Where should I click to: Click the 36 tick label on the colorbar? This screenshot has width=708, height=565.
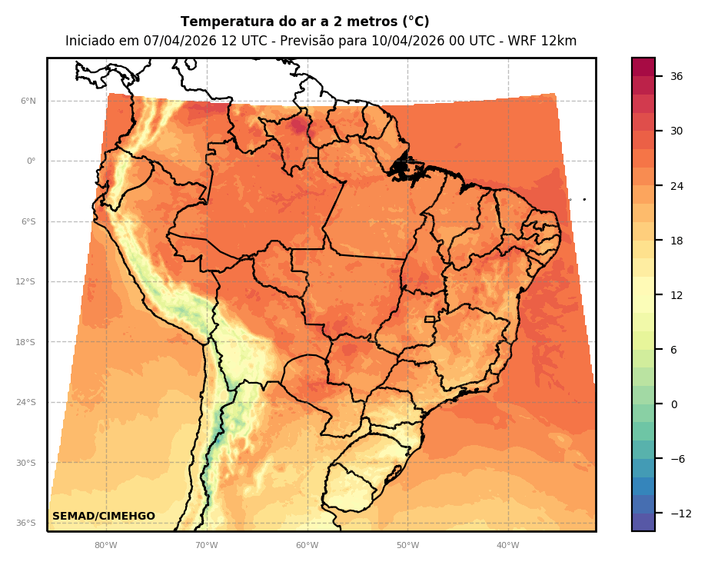tap(676, 76)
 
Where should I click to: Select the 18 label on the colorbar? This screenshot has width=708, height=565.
tap(676, 241)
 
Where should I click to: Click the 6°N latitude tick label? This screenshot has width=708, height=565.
tap(28, 101)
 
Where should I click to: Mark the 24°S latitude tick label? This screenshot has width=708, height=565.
tap(26, 402)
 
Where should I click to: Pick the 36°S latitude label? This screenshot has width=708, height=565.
tap(26, 523)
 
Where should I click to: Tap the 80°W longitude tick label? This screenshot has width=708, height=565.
tap(105, 546)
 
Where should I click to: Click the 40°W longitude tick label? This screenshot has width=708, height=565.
tap(507, 546)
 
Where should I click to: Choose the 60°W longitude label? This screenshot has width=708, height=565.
tap(307, 546)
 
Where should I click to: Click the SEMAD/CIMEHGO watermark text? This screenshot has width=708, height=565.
tap(104, 516)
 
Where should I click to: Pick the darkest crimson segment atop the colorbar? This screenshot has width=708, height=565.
tap(643, 66)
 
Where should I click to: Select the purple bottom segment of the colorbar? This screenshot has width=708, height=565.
tap(643, 523)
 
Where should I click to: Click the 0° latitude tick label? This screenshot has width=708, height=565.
tap(32, 161)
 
